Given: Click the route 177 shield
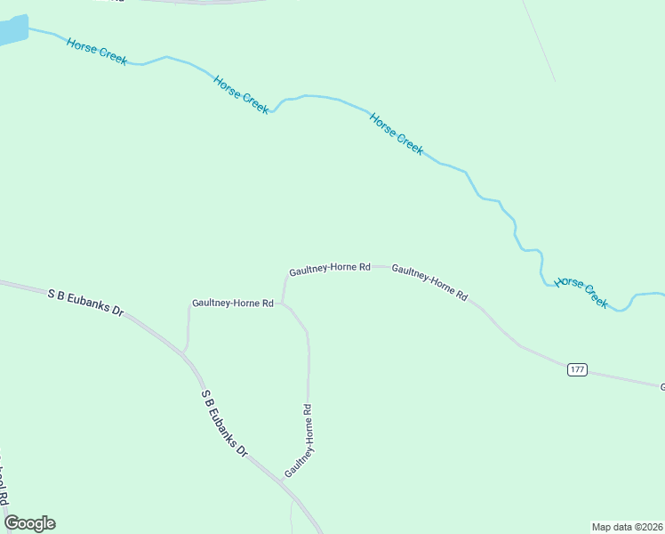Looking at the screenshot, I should [577, 369].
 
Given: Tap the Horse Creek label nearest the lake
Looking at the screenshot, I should [97, 51].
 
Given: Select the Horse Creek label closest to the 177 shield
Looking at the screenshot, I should [581, 293].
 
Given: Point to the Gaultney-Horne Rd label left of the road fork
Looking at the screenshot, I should [232, 303].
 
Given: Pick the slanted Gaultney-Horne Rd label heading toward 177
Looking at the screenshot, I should [429, 282].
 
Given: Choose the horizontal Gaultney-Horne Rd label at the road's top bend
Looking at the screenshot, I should [329, 268].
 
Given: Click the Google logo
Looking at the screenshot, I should [29, 523].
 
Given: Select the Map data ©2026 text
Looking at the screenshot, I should [627, 526].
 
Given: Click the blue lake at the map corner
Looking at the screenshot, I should [11, 31].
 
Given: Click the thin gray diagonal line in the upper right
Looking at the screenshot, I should [539, 40].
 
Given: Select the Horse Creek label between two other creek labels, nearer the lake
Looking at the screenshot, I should [241, 93].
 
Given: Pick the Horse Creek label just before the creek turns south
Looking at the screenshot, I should [397, 133].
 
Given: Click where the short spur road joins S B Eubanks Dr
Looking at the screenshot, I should [184, 353].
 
